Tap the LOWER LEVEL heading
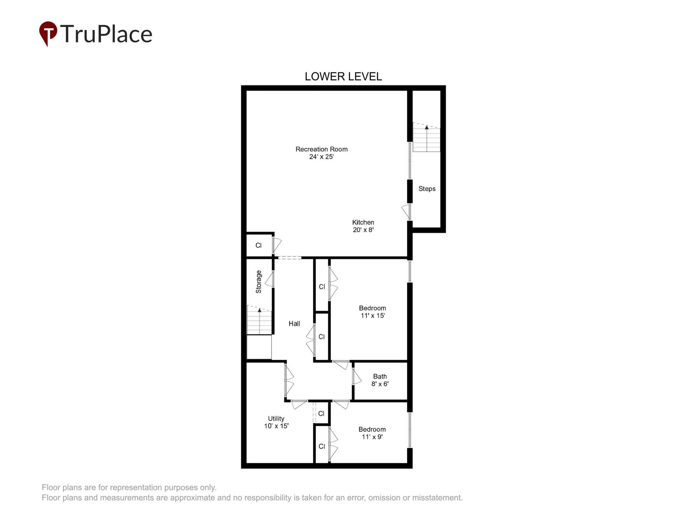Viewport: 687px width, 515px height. point(343,77)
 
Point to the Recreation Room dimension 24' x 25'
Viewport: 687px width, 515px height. point(322,157)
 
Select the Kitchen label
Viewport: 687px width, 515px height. point(363,222)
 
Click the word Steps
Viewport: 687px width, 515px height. point(427,189)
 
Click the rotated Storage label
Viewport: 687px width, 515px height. point(258,282)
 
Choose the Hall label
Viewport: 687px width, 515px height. point(294,324)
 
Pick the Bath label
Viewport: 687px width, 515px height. point(380,376)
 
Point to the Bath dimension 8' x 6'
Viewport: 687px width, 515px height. point(380,384)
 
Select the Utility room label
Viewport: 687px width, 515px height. point(276,419)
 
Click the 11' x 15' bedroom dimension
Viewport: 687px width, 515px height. point(373,315)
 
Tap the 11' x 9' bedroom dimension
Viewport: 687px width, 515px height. point(372,437)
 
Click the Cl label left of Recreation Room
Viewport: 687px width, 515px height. point(258,245)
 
